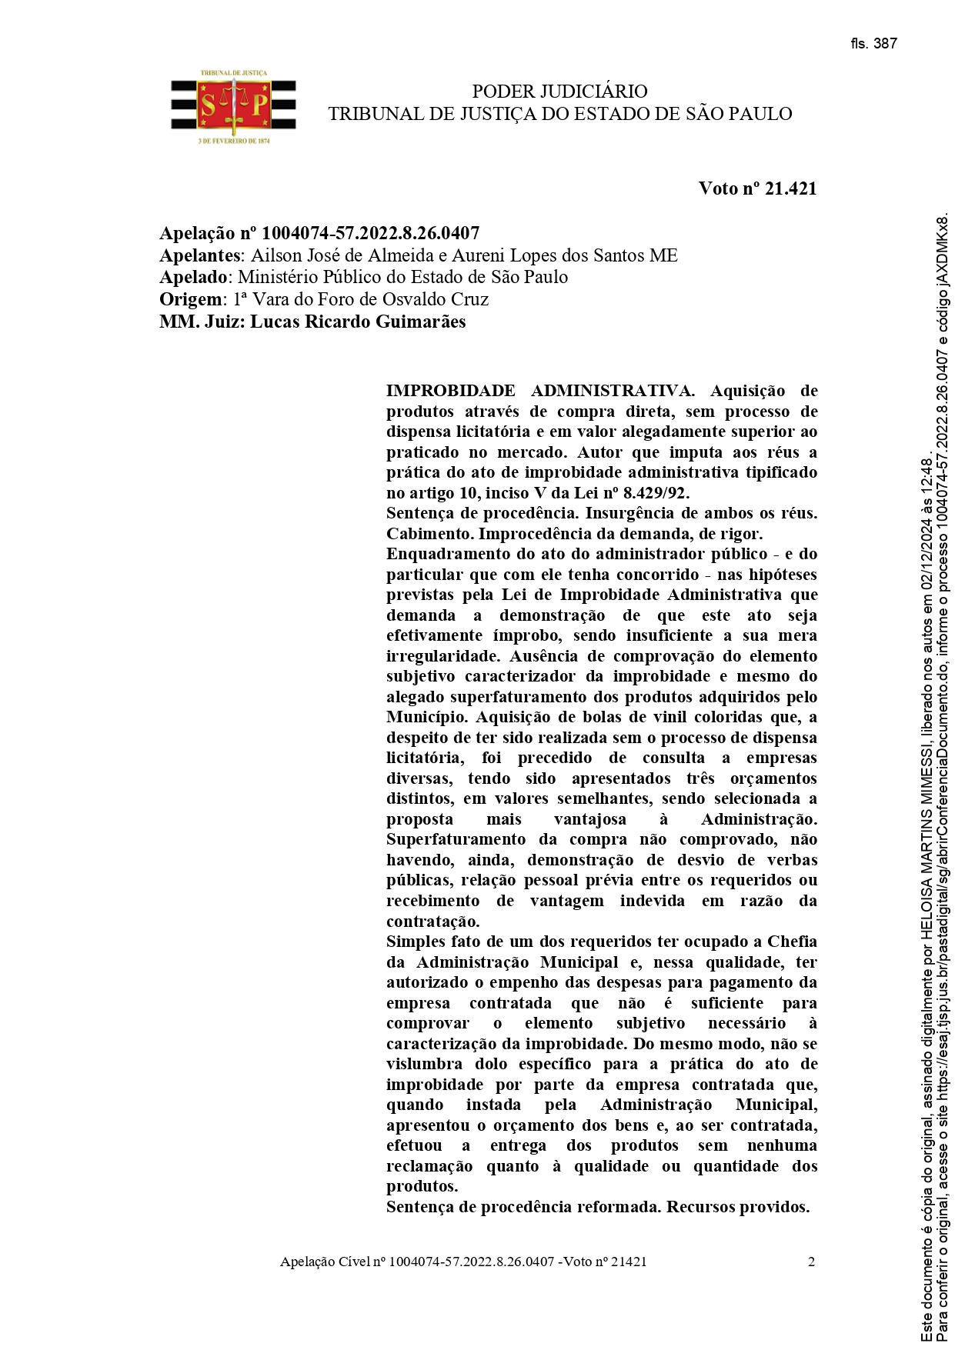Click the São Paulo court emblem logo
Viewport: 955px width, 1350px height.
[x=233, y=107]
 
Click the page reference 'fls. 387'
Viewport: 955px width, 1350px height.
[x=873, y=44]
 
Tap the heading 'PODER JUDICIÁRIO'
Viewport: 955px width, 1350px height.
[x=559, y=92]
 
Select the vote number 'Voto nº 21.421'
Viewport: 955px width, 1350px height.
[x=757, y=188]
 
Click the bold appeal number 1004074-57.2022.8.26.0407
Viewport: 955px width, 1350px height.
[x=371, y=233]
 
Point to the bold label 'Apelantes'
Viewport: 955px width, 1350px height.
[x=200, y=255]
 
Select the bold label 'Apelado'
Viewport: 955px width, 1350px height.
[x=194, y=277]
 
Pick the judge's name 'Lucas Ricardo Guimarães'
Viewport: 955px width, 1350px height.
[x=358, y=322]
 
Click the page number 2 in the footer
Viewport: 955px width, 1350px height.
[x=811, y=1262]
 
